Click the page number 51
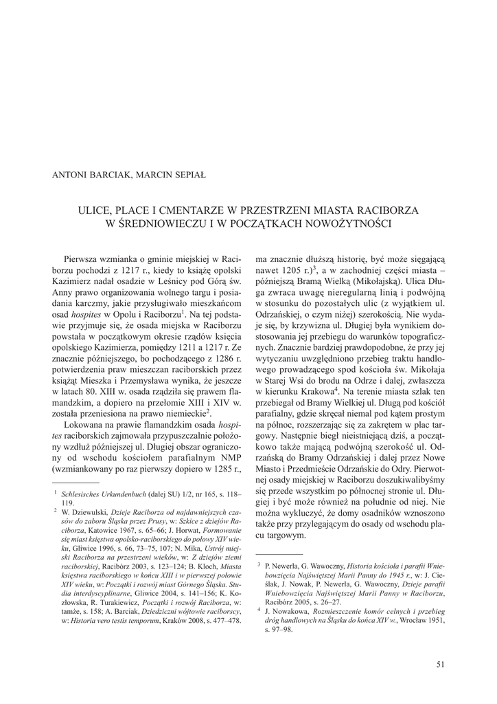pyautogui.click(x=441, y=663)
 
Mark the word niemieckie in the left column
pyautogui.click(x=183, y=414)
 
